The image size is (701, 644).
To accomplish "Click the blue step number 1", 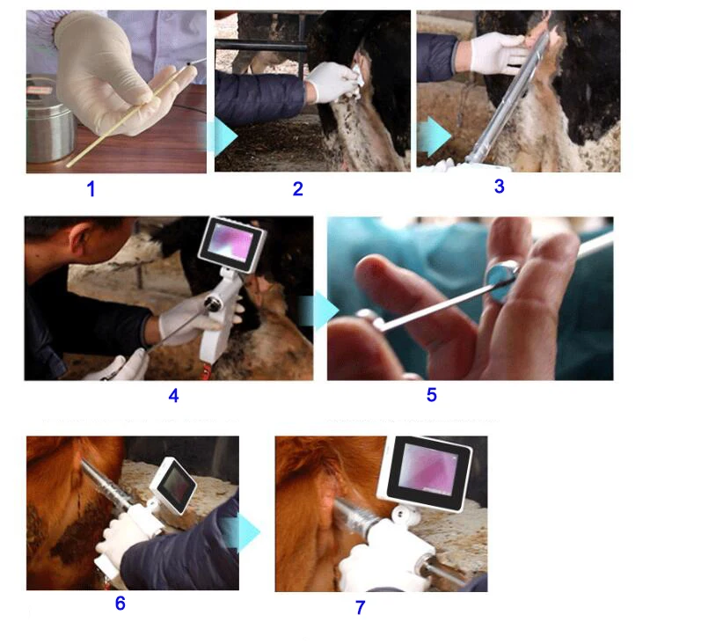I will (x=91, y=187).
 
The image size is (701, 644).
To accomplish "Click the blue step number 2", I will (x=298, y=188).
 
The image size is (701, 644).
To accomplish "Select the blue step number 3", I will (x=499, y=186).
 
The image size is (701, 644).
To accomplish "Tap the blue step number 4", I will (x=173, y=396).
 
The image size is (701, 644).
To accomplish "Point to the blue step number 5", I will (x=431, y=395).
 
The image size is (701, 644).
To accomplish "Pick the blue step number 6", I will (x=120, y=604).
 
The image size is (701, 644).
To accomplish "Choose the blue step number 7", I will (x=360, y=607).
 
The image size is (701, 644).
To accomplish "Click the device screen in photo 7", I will (x=426, y=476).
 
